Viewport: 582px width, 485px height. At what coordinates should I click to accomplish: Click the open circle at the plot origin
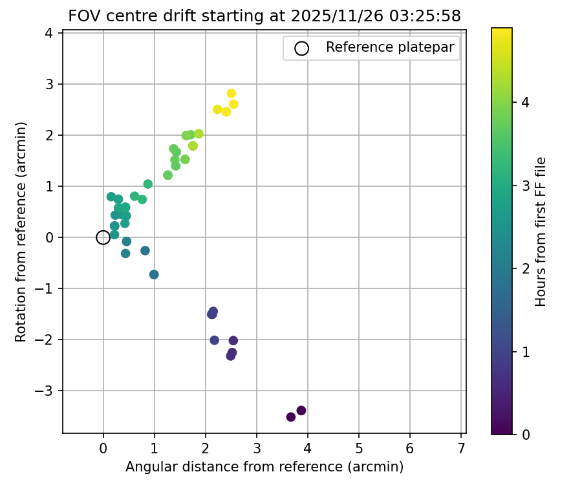click(103, 237)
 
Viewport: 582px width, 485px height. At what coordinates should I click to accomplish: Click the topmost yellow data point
click(232, 94)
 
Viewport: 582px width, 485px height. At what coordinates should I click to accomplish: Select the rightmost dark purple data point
click(301, 411)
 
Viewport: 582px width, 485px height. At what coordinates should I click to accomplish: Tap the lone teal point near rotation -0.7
click(154, 275)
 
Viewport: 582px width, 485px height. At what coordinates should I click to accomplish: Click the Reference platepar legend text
click(389, 47)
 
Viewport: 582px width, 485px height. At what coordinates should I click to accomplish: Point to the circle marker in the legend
click(301, 48)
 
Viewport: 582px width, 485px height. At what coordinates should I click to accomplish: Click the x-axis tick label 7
click(461, 448)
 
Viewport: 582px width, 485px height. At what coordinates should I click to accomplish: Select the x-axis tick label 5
click(359, 448)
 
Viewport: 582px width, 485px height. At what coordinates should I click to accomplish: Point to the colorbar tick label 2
click(525, 268)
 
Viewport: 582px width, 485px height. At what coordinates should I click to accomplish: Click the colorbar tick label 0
click(525, 435)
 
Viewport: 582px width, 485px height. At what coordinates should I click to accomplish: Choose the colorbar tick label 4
click(525, 102)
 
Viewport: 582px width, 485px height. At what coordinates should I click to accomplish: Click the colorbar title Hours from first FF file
click(541, 231)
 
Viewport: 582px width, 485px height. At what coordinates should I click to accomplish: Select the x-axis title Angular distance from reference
click(264, 467)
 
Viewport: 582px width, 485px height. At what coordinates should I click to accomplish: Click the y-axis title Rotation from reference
click(21, 231)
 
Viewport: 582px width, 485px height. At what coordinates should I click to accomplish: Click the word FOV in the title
click(82, 17)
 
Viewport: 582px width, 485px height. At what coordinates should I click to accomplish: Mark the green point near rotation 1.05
click(148, 184)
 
